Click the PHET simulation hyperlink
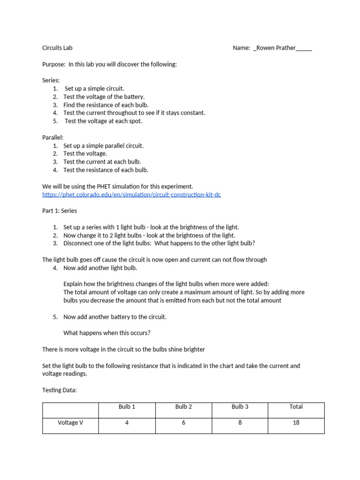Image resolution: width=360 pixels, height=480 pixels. pyautogui.click(x=131, y=195)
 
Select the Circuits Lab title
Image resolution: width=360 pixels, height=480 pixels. pyautogui.click(x=57, y=48)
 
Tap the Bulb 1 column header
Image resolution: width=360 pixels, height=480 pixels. pyautogui.click(x=127, y=407)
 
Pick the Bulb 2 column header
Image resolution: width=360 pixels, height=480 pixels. pyautogui.click(x=184, y=407)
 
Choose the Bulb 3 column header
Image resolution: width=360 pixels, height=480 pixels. pyautogui.click(x=240, y=407)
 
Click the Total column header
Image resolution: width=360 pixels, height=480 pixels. pyautogui.click(x=296, y=407)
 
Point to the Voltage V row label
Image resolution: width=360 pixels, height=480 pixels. pyautogui.click(x=70, y=423)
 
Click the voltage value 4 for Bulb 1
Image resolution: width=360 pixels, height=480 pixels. pyautogui.click(x=127, y=423)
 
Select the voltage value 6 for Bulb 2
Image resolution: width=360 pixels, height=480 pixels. pyautogui.click(x=184, y=423)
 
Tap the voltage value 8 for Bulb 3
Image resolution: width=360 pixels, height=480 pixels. pyautogui.click(x=240, y=423)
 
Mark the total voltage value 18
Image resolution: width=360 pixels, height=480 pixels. pyautogui.click(x=296, y=423)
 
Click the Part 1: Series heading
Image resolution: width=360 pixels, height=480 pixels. pyautogui.click(x=60, y=211)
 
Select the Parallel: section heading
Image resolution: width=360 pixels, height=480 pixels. pyautogui.click(x=53, y=137)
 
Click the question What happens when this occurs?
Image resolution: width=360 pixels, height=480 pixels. pyautogui.click(x=107, y=333)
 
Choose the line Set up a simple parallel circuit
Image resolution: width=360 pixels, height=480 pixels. pyautogui.click(x=104, y=146)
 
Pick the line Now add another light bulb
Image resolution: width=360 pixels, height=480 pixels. pyautogui.click(x=100, y=268)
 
